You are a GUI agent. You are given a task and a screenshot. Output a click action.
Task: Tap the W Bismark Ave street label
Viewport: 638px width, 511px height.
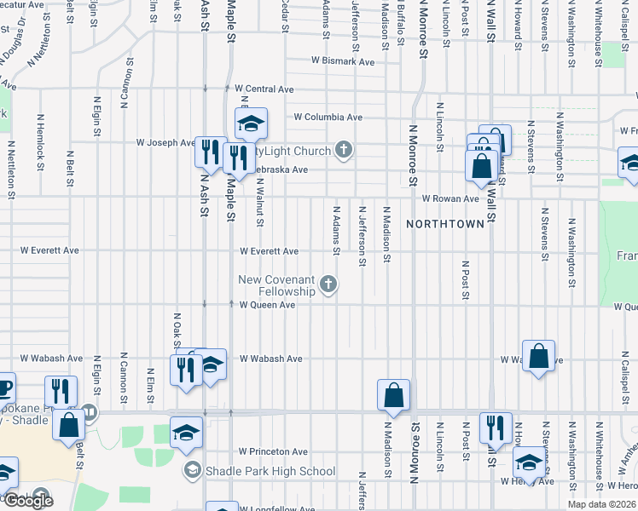click(343, 61)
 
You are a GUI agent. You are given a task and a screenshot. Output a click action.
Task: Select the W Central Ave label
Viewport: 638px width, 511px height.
click(264, 89)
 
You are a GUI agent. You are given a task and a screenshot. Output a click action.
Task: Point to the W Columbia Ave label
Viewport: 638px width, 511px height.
click(328, 118)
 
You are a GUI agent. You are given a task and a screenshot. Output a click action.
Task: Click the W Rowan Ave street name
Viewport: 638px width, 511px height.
click(450, 198)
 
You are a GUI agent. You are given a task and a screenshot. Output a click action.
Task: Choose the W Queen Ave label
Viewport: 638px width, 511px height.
click(267, 305)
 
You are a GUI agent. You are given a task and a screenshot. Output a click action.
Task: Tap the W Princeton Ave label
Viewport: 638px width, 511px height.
click(273, 451)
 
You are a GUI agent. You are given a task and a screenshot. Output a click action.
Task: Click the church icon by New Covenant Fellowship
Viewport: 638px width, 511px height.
click(328, 284)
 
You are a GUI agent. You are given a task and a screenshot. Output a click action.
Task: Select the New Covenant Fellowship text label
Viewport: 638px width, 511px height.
click(276, 285)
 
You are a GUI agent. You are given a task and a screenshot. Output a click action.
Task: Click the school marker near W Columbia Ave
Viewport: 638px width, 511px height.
click(252, 123)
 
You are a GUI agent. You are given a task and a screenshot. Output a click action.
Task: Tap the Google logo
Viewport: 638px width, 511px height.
click(29, 501)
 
